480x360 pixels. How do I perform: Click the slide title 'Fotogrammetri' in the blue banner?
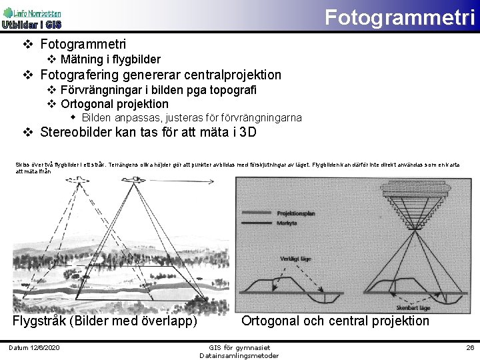pos(399,17)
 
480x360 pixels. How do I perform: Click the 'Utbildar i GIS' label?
pos(31,25)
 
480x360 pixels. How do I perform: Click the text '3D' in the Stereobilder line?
pos(247,131)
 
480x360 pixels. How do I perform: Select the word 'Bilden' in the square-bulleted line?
pos(98,117)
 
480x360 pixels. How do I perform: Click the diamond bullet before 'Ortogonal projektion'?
pos(51,104)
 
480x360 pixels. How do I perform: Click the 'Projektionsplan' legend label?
pos(296,213)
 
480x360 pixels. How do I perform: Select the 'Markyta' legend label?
pos(287,223)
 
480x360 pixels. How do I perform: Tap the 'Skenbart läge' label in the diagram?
pos(414,307)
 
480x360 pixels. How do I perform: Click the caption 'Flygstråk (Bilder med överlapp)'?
pos(105,321)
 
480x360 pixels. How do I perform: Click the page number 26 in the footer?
pos(469,348)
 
